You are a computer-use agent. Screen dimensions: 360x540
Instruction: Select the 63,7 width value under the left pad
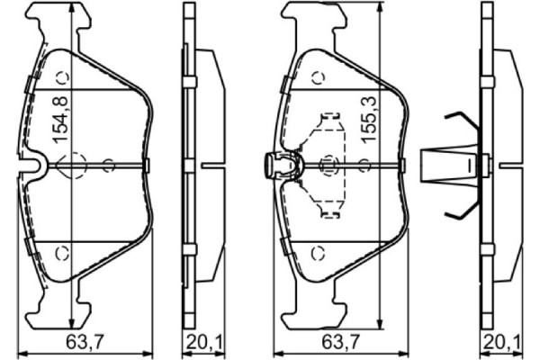[x=82, y=341]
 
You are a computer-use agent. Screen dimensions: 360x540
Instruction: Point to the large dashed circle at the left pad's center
[x=70, y=164]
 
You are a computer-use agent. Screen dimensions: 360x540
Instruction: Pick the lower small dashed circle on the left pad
[x=62, y=251]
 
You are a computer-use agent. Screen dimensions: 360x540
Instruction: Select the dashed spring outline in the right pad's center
[x=328, y=165]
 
